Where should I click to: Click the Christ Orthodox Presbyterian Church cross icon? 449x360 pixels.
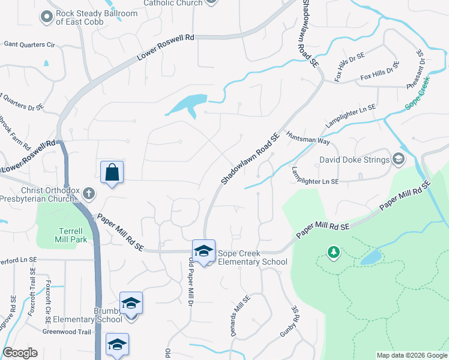pos(89,193)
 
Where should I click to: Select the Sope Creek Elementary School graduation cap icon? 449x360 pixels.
pos(203,251)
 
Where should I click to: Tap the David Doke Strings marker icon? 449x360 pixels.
pos(398,160)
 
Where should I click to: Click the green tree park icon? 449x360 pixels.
pos(333,252)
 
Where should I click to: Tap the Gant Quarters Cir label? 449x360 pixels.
pos(29,44)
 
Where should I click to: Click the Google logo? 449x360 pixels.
pos(20,353)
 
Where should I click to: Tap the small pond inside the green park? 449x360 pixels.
pos(371,257)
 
